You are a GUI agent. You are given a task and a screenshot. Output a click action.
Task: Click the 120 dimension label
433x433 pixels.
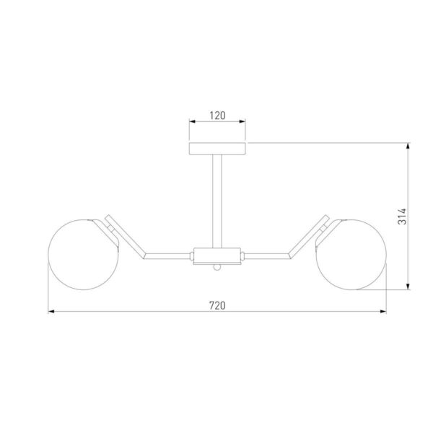[217, 115]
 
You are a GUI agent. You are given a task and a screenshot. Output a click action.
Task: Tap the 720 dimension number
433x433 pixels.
[217, 306]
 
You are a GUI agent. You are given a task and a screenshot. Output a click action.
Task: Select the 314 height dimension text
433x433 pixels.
[402, 216]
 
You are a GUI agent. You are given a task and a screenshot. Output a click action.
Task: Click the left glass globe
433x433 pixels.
[84, 255]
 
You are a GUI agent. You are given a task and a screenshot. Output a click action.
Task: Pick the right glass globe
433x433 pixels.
[351, 255]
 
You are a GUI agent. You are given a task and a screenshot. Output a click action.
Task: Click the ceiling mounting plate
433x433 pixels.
[217, 149]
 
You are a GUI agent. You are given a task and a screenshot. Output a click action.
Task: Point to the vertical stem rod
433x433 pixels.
[217, 201]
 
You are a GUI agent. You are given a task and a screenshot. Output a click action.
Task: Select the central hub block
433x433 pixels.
[217, 256]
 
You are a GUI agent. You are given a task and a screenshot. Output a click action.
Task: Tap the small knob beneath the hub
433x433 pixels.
[217, 267]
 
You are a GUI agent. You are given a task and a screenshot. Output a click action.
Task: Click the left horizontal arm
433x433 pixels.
[167, 256]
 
